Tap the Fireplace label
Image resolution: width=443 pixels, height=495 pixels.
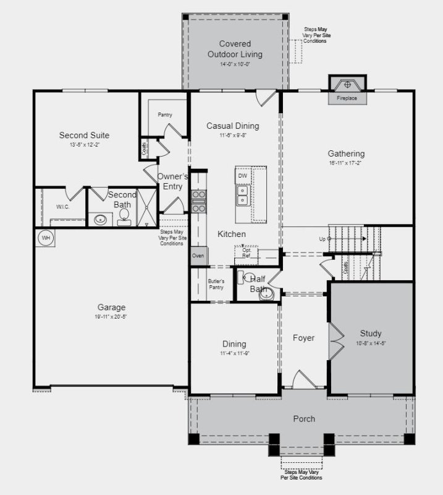coord(347,98)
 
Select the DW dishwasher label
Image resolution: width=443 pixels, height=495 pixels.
coord(242,176)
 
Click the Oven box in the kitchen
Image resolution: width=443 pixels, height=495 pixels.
coord(198,256)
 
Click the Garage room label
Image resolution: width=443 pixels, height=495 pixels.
coord(111,307)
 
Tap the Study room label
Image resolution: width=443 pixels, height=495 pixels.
coord(371,333)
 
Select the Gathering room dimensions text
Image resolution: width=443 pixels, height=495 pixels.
coord(346,163)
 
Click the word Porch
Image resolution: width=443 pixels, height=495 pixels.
coord(304,419)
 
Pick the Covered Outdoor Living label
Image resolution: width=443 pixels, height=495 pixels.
coord(235,49)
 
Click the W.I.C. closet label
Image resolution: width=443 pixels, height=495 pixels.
coord(62,206)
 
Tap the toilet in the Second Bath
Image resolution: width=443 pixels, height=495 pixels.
coord(124,215)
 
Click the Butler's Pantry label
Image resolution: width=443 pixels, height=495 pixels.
coord(216,285)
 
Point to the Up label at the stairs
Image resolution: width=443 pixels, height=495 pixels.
coord(322,239)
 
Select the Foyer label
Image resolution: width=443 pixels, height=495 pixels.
coord(303,338)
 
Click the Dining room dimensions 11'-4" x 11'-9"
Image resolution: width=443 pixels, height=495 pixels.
coord(234,354)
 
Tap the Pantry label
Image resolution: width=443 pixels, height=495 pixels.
coord(164,114)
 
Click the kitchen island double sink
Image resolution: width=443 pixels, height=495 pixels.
coord(242,196)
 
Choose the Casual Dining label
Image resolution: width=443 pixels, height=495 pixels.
coord(232,126)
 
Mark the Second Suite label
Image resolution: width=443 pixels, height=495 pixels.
coord(84,135)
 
